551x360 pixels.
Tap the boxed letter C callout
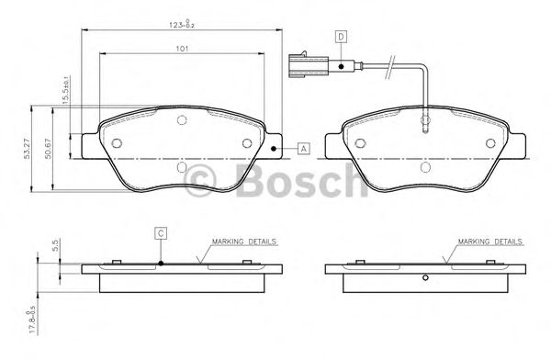(160, 233)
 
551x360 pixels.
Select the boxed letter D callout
(340, 36)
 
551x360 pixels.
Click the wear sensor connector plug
(304, 64)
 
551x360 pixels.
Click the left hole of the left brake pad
(116, 143)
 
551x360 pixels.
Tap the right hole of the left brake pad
(246, 142)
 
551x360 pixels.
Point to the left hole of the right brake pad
(361, 142)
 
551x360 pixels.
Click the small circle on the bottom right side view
(425, 279)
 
